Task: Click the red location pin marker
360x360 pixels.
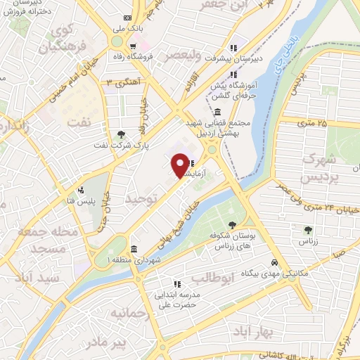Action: (180, 166)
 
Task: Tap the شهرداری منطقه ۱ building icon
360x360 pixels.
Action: (134, 248)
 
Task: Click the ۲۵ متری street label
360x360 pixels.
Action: (314, 123)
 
